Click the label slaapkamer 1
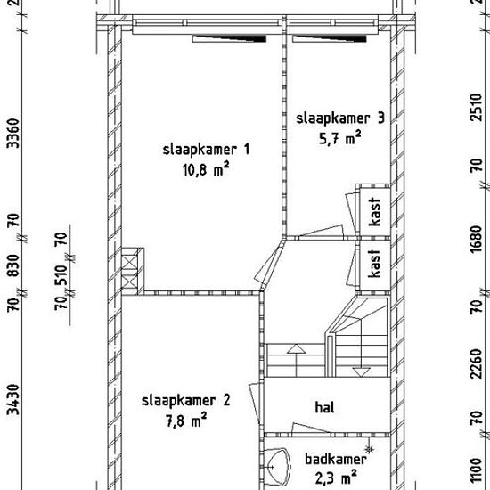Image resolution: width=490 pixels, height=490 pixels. (x=207, y=150)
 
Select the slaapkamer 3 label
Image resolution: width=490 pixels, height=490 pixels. (x=340, y=118)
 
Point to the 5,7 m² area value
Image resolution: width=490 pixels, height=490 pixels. (x=340, y=138)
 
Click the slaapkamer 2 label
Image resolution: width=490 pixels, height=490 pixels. (x=185, y=400)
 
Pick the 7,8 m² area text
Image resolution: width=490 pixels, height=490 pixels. (x=186, y=420)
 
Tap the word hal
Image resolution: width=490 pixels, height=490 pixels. (x=324, y=407)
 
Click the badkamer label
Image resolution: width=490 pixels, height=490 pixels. (x=336, y=460)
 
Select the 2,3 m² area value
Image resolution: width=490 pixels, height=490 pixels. (x=336, y=478)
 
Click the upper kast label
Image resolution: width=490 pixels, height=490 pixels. (x=374, y=211)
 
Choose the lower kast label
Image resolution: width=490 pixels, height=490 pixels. (x=374, y=263)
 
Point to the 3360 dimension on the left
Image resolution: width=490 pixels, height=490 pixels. (x=13, y=133)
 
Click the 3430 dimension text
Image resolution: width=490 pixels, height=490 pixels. (x=13, y=399)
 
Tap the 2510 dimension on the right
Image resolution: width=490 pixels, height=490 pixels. (x=477, y=107)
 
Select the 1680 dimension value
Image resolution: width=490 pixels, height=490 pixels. (x=477, y=239)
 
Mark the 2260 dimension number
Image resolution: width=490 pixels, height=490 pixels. (x=477, y=363)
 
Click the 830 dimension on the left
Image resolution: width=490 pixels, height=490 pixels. (x=13, y=265)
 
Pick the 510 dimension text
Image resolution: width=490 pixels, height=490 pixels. (x=61, y=275)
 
